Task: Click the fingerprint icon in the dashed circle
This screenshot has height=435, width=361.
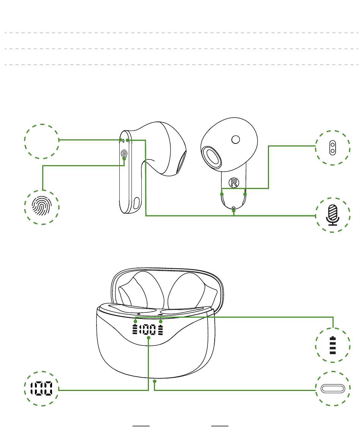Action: pos(42,206)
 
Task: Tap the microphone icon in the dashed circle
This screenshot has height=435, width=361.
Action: pos(332,215)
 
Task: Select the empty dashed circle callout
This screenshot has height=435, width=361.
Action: pos(42,141)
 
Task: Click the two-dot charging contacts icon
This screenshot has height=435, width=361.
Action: pos(332,148)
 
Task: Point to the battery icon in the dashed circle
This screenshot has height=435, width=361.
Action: pos(332,345)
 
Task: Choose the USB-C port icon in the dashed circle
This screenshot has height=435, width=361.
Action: pos(332,388)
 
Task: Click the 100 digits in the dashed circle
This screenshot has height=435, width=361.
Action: pos(41,388)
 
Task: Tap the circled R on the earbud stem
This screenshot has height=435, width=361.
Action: pos(234,183)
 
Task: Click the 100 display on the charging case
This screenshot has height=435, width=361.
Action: pos(147,329)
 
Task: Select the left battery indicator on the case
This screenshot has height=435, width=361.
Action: pos(135,329)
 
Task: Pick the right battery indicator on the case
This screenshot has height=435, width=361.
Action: pos(160,329)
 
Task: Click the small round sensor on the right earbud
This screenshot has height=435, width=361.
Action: pos(236,140)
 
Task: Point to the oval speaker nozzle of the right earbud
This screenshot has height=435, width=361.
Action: pos(212,157)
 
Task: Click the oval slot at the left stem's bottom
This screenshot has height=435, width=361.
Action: pos(136,203)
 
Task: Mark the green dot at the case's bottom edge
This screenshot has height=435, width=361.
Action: pos(155,381)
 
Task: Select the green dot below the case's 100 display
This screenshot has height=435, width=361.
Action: pos(149,337)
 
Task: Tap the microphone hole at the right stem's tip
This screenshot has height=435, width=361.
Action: pos(234,207)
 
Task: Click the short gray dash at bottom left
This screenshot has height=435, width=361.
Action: pos(141,426)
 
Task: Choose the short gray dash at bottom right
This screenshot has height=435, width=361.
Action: pos(220,426)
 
